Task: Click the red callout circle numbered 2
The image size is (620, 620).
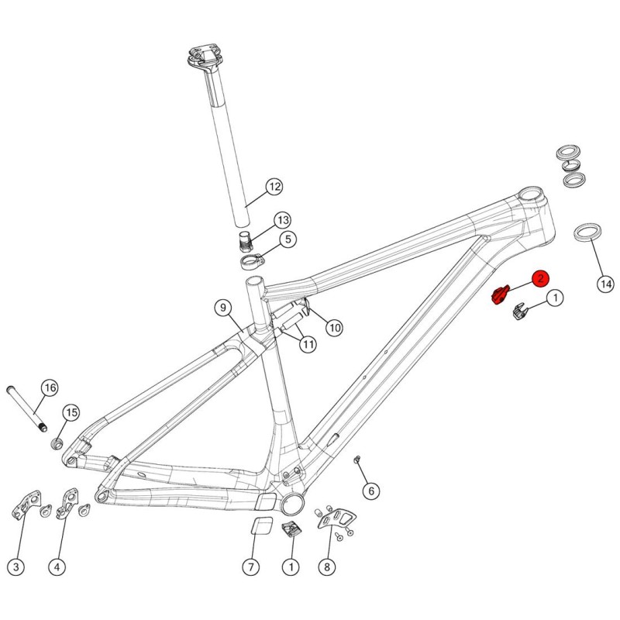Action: click(540, 279)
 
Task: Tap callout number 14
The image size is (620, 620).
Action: click(606, 284)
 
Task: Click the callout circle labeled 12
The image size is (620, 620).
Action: click(274, 187)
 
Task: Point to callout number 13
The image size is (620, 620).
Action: click(282, 220)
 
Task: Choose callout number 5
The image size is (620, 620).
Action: click(288, 239)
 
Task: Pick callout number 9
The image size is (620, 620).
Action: click(223, 307)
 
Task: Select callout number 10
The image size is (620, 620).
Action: click(335, 328)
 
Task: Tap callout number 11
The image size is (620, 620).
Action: click(308, 344)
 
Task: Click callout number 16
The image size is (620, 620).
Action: click(50, 388)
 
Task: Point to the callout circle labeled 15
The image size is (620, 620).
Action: click(71, 413)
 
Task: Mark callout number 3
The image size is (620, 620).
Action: click(15, 567)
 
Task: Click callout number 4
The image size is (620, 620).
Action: click(57, 567)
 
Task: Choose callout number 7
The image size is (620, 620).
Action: click(250, 567)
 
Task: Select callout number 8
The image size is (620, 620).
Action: click(326, 567)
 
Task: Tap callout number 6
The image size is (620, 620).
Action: click(371, 491)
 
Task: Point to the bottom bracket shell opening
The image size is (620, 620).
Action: click(293, 504)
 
